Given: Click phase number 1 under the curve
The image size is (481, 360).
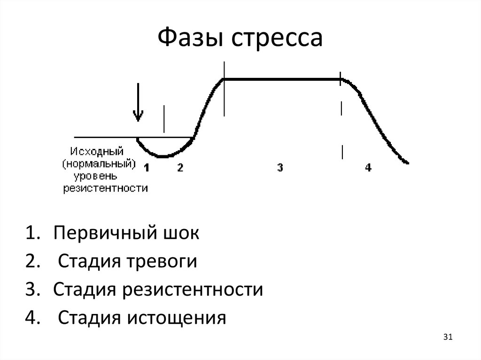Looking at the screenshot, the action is click(x=147, y=168).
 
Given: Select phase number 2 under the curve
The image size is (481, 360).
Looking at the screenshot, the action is click(x=180, y=168).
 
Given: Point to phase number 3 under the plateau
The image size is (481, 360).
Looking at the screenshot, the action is click(x=280, y=168).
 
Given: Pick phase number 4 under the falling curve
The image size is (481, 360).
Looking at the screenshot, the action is click(x=368, y=168).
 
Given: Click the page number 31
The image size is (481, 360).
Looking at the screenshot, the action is click(x=447, y=337).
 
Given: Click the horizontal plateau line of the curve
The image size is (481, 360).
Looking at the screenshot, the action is click(x=282, y=79).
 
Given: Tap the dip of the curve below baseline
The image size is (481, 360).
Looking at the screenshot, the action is click(x=163, y=155).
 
